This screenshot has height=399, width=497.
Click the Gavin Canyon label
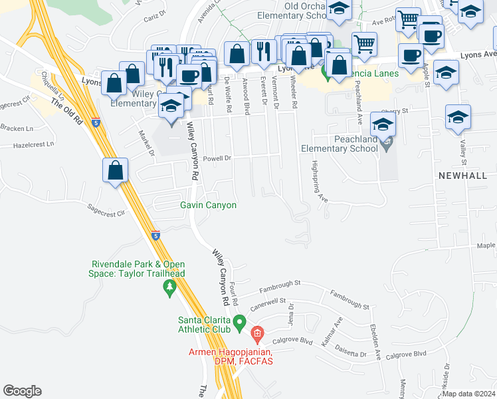tap(208, 205)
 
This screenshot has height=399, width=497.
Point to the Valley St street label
tap(460, 149)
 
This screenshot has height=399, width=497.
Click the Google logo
tap(22, 390)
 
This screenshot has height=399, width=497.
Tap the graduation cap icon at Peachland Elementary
tap(383, 124)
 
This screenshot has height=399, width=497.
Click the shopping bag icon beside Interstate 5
tap(116, 170)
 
